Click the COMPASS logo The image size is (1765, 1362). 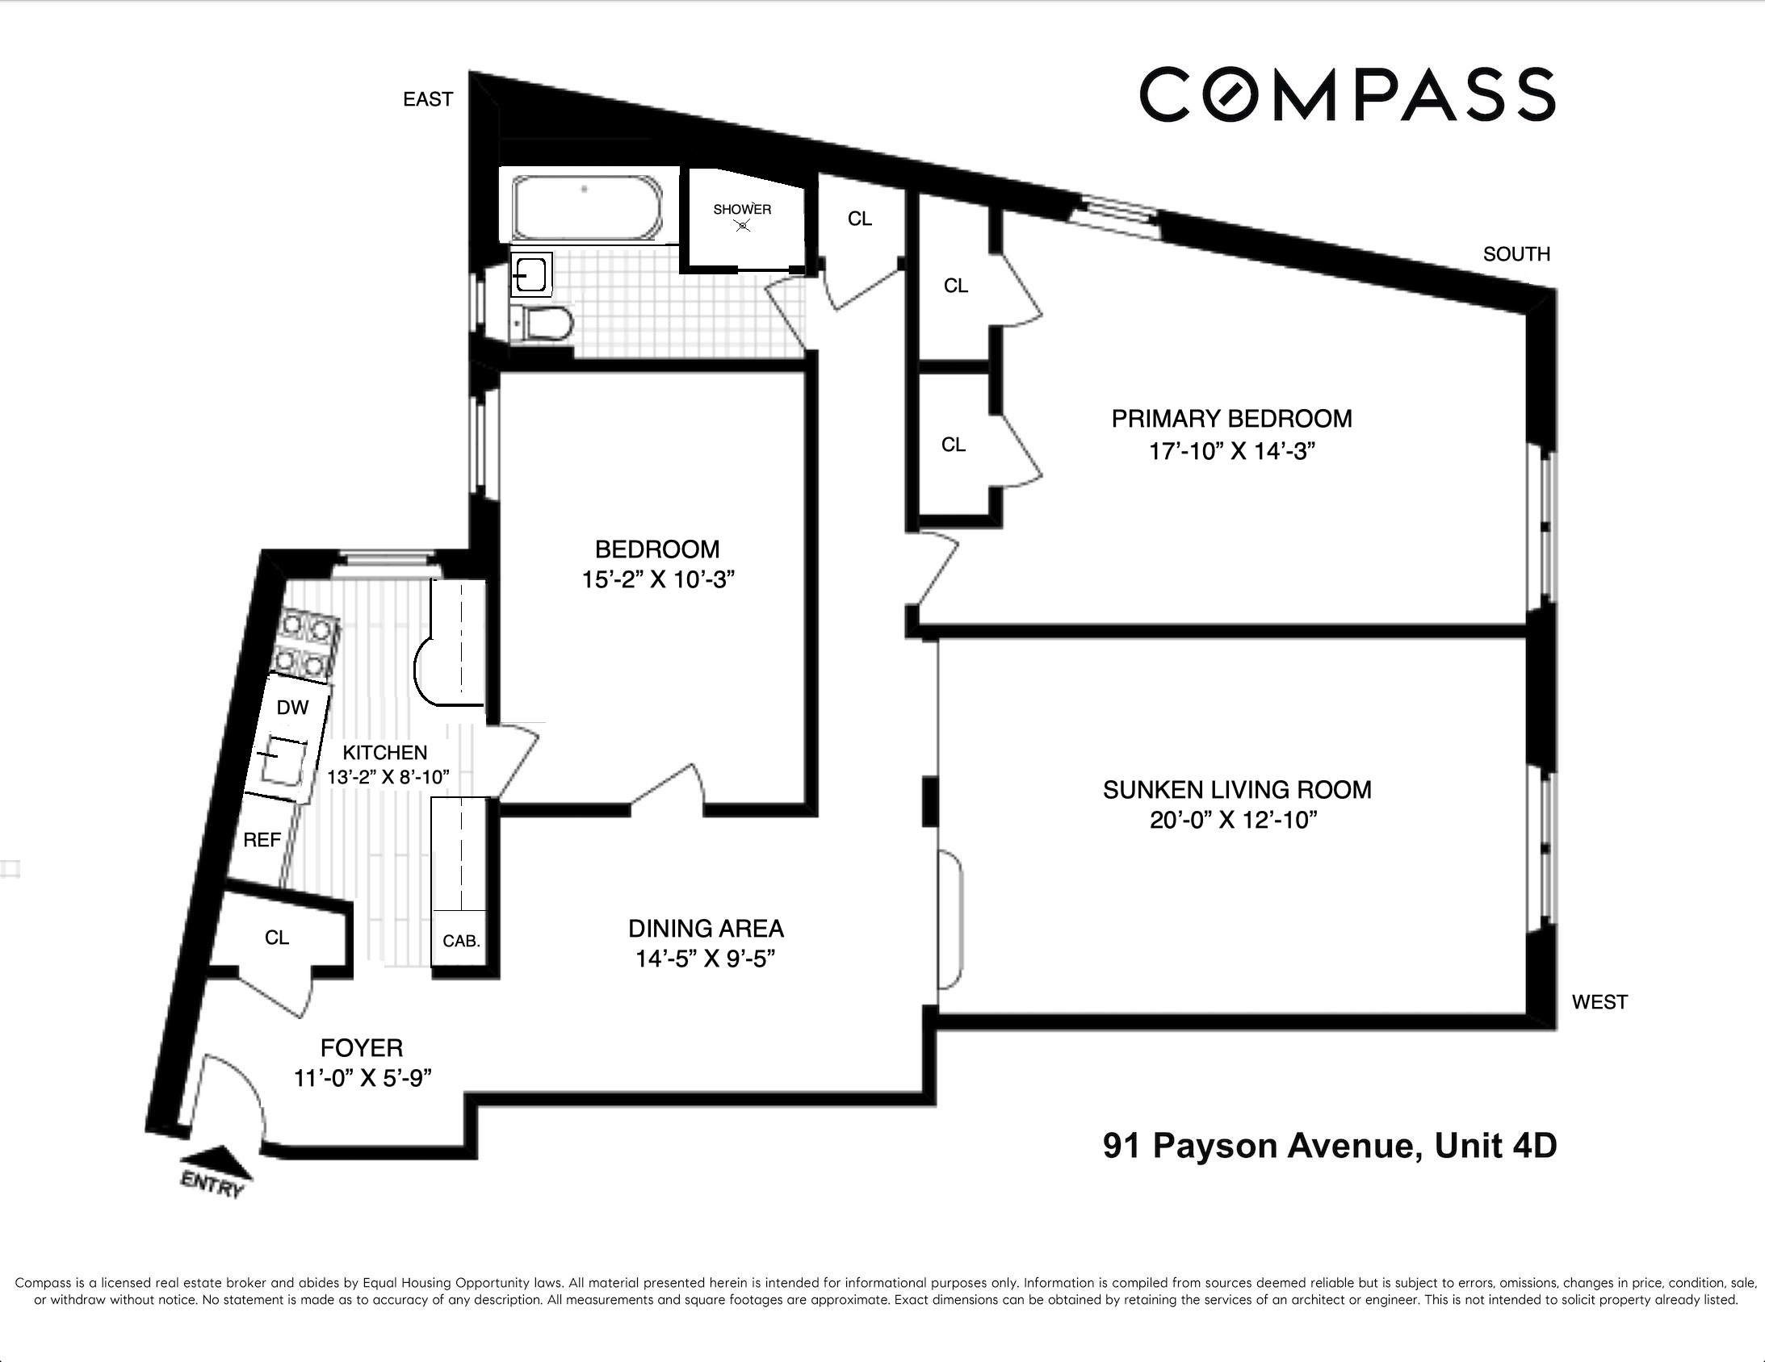click(x=1348, y=94)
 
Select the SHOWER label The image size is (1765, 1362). click(x=742, y=209)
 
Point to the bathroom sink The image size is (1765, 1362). click(x=532, y=274)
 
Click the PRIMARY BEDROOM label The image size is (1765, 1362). click(x=1230, y=419)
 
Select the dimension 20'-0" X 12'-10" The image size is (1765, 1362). click(x=1233, y=820)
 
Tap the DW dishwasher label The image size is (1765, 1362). click(x=291, y=708)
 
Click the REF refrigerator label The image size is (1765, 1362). click(x=262, y=840)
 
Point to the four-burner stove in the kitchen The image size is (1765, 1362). click(x=305, y=645)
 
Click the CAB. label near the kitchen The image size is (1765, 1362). click(x=461, y=941)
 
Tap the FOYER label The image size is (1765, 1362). click(x=361, y=1048)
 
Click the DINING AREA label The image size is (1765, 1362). click(x=706, y=928)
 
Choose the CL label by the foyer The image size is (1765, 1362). click(x=276, y=938)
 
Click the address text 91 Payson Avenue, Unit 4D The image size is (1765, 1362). click(x=1330, y=1146)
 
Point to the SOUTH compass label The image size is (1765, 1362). click(x=1516, y=253)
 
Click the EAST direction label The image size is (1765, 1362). click(x=427, y=99)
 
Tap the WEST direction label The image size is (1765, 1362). click(x=1599, y=1001)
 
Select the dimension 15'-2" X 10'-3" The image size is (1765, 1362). click(x=657, y=579)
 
